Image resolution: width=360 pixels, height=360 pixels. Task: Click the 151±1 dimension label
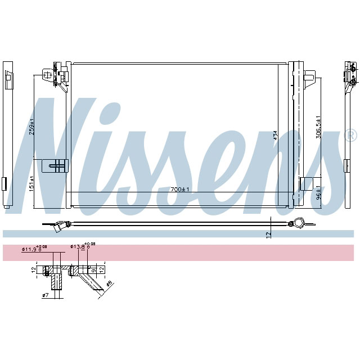point(32,184)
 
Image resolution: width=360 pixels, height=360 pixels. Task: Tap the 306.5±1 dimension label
point(318,127)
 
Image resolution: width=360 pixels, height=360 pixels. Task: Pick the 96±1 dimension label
point(318,193)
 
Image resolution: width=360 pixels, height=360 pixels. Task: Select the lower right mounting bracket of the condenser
point(307,184)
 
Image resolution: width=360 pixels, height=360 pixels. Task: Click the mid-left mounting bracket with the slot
point(56,165)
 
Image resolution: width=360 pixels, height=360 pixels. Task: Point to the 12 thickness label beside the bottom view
point(269,233)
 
